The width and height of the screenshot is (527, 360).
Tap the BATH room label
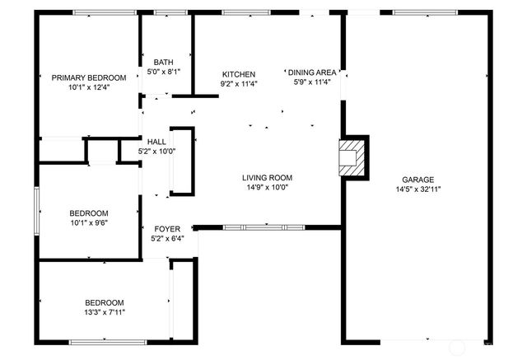[163, 63]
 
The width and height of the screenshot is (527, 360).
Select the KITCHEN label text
[238, 74]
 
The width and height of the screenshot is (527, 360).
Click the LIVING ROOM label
[267, 178]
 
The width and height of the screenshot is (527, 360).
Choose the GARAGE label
[417, 180]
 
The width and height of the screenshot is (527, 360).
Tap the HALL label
[156, 141]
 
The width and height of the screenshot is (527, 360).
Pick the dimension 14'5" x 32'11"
[417, 189]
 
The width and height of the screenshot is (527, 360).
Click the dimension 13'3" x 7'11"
[103, 311]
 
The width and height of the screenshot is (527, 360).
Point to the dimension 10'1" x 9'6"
[89, 222]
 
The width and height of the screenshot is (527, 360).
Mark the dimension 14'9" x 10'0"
[267, 187]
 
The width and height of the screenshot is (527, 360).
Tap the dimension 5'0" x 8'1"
[163, 72]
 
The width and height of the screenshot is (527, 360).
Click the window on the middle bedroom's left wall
[35, 212]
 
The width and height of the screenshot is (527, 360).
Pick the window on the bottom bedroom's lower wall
[107, 341]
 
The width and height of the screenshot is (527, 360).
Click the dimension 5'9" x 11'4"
[311, 82]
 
